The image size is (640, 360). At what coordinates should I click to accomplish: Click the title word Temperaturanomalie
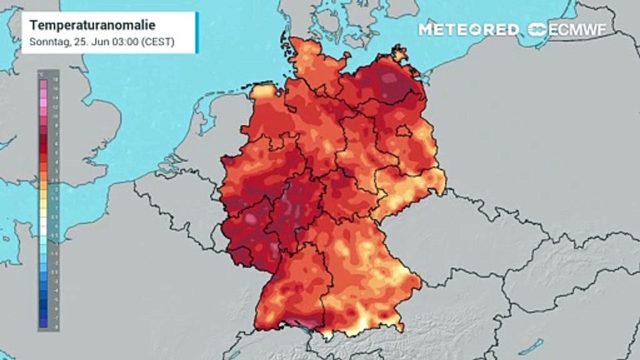[92, 25]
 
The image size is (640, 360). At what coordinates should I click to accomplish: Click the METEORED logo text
[468, 29]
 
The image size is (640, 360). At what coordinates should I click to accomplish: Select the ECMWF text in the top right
[577, 29]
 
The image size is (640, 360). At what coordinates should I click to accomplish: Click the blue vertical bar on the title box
[197, 32]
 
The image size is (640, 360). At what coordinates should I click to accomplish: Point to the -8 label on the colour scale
[55, 326]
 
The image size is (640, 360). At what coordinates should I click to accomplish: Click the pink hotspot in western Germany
[250, 217]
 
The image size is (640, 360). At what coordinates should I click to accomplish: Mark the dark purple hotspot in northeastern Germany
[387, 80]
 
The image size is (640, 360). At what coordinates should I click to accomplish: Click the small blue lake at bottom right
[530, 346]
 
